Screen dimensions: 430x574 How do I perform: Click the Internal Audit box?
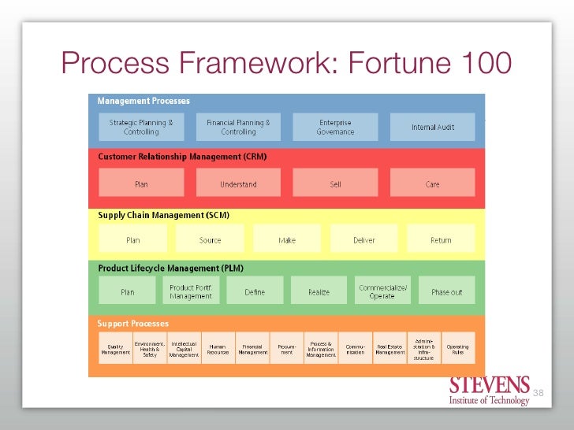point(433,127)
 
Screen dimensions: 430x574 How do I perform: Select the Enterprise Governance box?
point(335,127)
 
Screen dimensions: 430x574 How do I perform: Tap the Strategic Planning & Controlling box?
point(140,127)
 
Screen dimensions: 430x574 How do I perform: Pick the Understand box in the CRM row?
point(238,183)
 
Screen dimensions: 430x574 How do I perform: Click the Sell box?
point(335,183)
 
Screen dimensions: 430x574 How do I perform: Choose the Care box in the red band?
point(433,183)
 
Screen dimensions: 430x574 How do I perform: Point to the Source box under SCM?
point(210,239)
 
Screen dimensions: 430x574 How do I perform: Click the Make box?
point(287,239)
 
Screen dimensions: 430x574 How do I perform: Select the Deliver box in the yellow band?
point(364,239)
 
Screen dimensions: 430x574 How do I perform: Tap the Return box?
point(441,239)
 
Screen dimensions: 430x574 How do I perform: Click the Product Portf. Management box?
point(190,291)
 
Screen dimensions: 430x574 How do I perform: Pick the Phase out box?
point(446,291)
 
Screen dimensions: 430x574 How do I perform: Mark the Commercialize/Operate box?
point(382,291)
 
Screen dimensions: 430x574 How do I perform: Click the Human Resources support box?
point(218,348)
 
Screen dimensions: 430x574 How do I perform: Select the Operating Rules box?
point(457,348)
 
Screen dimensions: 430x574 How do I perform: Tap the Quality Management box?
point(115,348)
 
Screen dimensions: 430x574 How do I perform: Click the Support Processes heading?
point(132,324)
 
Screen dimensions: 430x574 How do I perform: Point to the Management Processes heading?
point(143,101)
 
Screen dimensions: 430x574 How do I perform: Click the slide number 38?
point(539,392)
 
